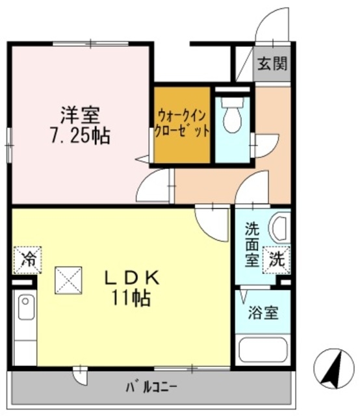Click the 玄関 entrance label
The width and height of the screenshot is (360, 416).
pyautogui.click(x=272, y=64)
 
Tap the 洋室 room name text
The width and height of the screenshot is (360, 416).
pyautogui.click(x=81, y=116)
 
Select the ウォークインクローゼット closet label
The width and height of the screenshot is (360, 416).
pyautogui.click(x=183, y=123)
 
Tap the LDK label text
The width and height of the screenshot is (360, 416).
pyautogui.click(x=133, y=277)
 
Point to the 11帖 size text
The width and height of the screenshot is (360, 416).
pyautogui.click(x=133, y=298)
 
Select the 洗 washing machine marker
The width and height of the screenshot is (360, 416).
pyautogui.click(x=276, y=261)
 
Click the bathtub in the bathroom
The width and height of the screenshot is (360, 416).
pyautogui.click(x=263, y=350)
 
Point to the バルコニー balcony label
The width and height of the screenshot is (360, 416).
pyautogui.click(x=151, y=388)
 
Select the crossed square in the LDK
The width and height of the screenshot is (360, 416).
pyautogui.click(x=68, y=280)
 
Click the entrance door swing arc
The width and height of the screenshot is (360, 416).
pyautogui.click(x=268, y=26)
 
